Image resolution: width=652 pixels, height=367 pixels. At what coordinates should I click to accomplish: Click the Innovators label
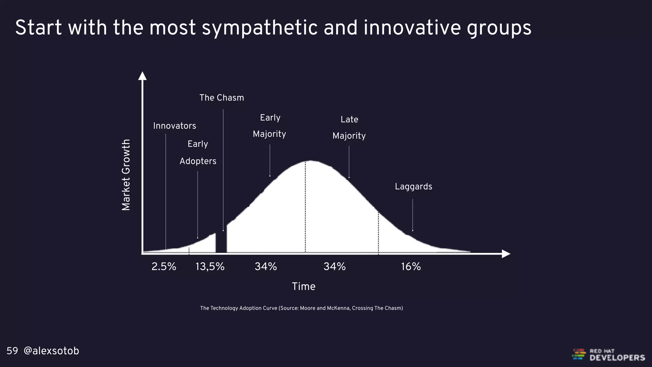coord(174,126)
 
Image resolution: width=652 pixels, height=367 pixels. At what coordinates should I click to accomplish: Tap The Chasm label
coord(222,98)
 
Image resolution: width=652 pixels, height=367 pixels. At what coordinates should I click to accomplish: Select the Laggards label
coord(413,187)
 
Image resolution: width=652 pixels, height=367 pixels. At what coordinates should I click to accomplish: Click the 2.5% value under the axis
coord(164,266)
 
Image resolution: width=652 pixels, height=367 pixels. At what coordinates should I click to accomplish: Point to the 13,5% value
coord(210,266)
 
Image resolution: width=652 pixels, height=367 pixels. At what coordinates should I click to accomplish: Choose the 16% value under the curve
coord(411,266)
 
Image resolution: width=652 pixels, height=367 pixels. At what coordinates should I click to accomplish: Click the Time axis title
coord(303,286)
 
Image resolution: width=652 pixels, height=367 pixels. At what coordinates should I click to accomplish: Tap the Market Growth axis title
coord(126,175)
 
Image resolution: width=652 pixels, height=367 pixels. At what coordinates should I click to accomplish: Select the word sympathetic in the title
coord(259,28)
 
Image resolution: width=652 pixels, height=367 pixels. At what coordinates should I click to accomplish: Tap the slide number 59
coord(12,351)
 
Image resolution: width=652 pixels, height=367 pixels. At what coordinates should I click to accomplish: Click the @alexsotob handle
coord(51,351)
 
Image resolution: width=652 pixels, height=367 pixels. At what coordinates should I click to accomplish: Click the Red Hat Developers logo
coord(608,355)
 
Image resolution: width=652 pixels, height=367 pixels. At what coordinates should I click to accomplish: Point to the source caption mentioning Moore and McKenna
coord(301,308)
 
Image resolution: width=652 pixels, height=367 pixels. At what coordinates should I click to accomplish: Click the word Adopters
coord(198,161)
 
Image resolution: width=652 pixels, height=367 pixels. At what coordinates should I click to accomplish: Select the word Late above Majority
coord(349,119)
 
